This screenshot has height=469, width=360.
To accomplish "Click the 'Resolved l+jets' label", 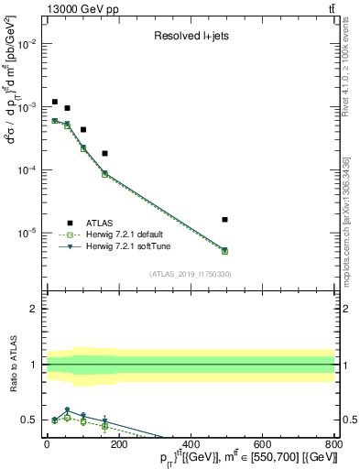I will [190, 37].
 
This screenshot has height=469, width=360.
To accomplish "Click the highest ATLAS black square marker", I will [55, 102].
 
